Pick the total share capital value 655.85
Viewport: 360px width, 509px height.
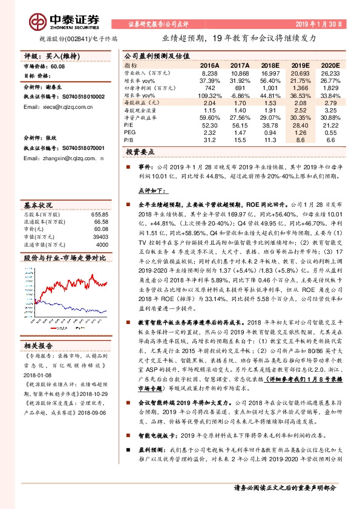pos(99,215)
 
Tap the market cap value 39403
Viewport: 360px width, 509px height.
pos(100,238)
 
